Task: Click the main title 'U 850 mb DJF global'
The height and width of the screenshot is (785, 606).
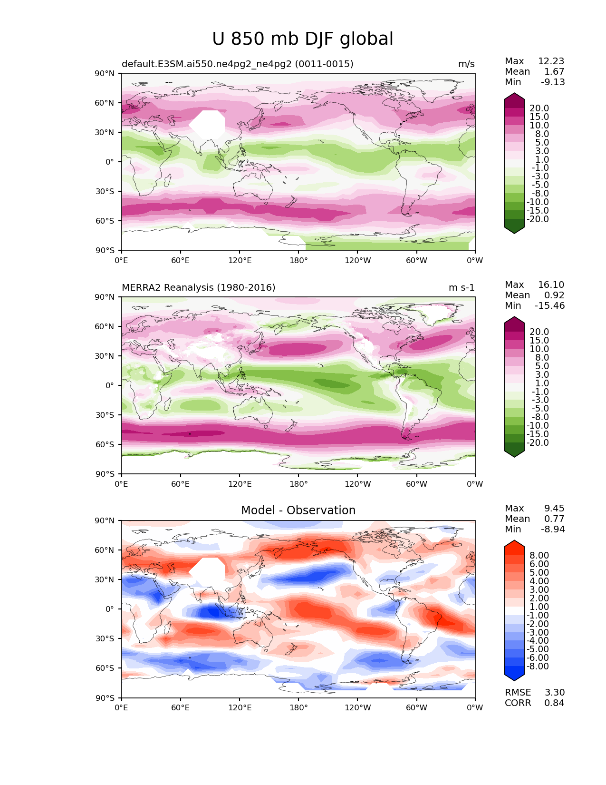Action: (303, 39)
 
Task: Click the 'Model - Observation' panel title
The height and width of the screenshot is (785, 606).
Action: (298, 510)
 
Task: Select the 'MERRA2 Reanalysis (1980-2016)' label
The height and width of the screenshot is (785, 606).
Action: (199, 288)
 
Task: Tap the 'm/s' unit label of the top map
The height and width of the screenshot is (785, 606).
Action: (466, 64)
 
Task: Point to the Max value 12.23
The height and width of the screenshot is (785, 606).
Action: (551, 61)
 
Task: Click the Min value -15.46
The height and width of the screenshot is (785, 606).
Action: (550, 306)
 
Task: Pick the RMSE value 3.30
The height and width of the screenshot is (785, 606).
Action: (554, 693)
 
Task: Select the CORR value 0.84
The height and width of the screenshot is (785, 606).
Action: (554, 703)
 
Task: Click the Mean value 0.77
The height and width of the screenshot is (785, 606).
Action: (554, 519)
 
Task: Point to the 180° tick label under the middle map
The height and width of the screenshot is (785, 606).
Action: (298, 484)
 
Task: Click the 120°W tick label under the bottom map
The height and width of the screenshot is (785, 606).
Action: (358, 708)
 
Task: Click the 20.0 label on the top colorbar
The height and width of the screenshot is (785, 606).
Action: (539, 108)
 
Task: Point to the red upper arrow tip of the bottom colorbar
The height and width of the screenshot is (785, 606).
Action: (514, 544)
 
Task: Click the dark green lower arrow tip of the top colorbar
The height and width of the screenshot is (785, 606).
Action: (514, 230)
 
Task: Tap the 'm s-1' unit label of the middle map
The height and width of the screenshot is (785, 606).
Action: (462, 288)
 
